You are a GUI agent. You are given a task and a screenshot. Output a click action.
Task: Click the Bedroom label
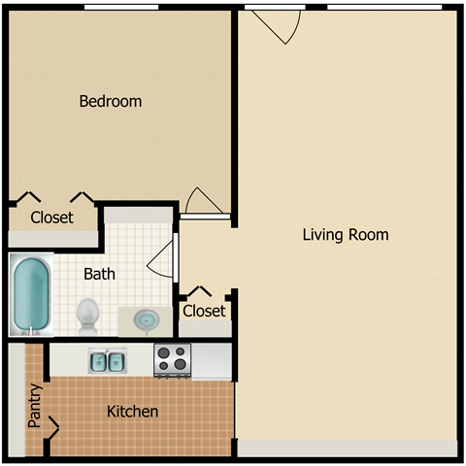(x=110, y=101)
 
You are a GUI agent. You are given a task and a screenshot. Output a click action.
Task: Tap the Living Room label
(x=345, y=234)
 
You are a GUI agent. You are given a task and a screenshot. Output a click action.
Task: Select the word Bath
(x=99, y=274)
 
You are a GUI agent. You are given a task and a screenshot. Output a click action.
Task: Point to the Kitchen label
(x=132, y=412)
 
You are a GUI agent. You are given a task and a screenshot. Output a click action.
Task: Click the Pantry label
(x=35, y=406)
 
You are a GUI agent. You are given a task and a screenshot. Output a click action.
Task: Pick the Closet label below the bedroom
(x=50, y=217)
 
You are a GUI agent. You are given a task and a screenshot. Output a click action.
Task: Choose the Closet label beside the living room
(x=204, y=311)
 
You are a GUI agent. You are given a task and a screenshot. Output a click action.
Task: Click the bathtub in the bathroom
(x=32, y=295)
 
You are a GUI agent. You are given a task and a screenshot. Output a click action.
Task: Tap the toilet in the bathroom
(x=88, y=314)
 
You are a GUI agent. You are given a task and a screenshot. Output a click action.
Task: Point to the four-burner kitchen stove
(x=173, y=360)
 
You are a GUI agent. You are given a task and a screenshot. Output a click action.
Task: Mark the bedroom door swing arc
(x=205, y=200)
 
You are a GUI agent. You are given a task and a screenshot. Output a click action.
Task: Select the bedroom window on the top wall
(x=121, y=8)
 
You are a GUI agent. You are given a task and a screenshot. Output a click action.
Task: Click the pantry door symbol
(x=51, y=424)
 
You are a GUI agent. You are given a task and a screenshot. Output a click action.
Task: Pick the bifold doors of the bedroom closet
(x=54, y=198)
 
